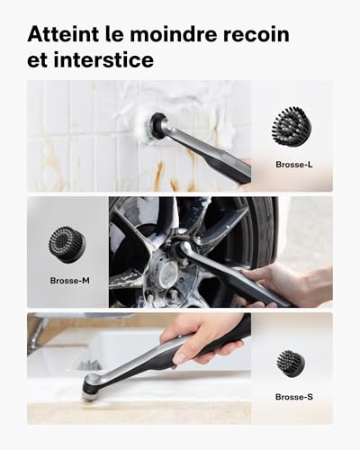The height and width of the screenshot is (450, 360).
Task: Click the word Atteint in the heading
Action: [64, 34]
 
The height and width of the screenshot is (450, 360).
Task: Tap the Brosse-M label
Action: [68, 280]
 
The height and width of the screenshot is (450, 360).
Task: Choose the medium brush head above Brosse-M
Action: [68, 242]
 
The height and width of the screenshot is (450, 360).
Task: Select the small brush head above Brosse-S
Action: [291, 363]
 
